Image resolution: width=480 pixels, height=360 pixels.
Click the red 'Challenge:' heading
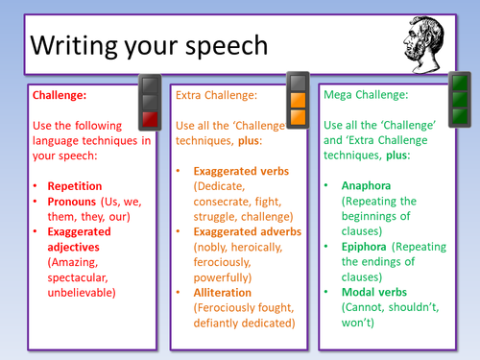click(61, 96)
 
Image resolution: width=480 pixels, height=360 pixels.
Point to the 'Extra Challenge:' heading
click(216, 96)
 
